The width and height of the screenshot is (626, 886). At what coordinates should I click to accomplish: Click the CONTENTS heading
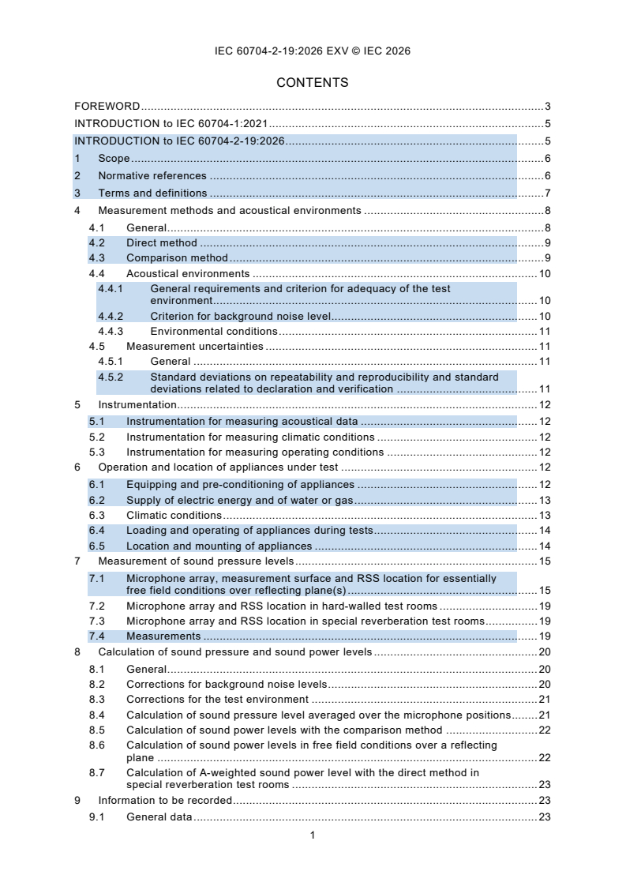313,82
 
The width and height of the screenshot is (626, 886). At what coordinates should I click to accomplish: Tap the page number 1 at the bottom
313,835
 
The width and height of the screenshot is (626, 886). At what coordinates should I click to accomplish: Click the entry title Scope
114,158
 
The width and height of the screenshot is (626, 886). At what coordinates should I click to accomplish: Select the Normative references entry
152,175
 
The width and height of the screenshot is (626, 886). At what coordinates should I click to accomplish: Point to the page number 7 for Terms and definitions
547,193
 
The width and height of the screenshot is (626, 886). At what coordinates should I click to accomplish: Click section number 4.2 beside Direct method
96,242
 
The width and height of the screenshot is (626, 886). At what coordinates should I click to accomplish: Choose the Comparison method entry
177,258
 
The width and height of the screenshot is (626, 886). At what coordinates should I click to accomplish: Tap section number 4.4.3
111,332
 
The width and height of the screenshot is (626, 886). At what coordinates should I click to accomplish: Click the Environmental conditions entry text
213,332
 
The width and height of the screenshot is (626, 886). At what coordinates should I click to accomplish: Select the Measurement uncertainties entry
194,347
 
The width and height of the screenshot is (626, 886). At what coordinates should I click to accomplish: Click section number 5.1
96,421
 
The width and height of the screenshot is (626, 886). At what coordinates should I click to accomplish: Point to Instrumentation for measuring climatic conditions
250,437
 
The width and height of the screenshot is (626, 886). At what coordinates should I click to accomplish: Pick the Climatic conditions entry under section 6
174,515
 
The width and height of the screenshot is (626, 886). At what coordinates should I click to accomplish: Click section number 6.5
96,546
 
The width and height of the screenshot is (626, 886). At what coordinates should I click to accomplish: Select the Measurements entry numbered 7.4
163,636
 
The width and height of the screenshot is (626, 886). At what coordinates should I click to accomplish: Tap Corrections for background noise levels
227,684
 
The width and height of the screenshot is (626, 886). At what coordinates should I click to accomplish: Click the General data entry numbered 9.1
159,817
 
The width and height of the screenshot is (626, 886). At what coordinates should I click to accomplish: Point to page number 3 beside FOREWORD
547,106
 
